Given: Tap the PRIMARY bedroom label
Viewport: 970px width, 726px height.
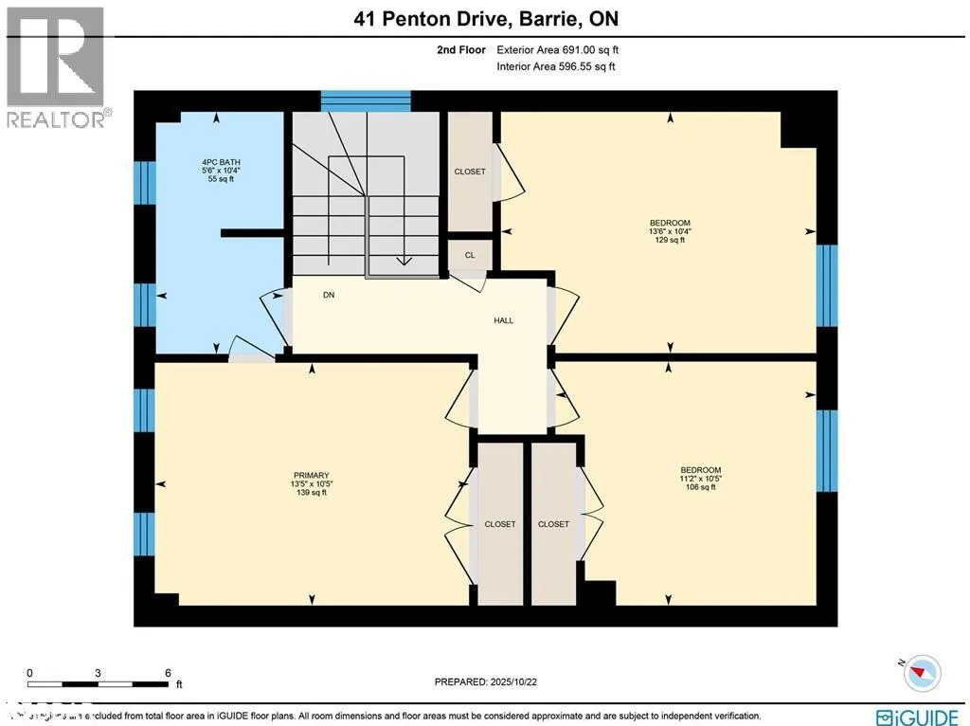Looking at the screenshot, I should [311, 475].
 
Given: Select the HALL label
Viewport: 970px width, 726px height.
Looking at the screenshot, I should [504, 320].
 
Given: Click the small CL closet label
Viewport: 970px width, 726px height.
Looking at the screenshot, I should [470, 255].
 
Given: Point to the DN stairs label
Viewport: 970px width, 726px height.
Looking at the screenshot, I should [329, 295].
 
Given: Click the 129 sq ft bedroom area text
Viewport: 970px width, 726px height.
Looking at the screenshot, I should [671, 241].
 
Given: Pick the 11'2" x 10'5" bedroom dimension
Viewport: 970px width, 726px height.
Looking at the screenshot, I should [701, 479].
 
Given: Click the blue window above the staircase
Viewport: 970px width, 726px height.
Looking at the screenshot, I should [366, 100].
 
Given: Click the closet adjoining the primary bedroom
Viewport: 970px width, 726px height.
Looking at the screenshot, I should [499, 524].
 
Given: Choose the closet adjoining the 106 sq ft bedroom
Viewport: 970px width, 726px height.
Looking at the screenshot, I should [553, 524].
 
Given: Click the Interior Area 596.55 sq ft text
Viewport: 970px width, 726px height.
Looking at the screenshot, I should [555, 66].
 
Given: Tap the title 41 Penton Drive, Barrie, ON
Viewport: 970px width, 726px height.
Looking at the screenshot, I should [485, 20].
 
